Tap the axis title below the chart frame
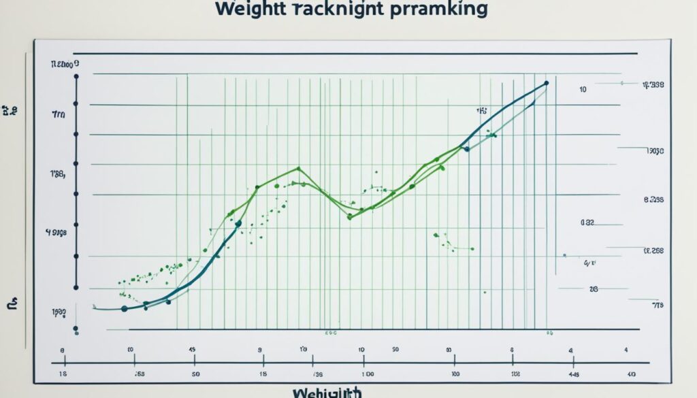pyautogui.click(x=327, y=393)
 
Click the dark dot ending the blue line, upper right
pyautogui.click(x=547, y=84)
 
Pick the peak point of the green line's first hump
pyautogui.click(x=298, y=168)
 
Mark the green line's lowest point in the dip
pyautogui.click(x=349, y=217)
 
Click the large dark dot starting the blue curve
pyautogui.click(x=124, y=309)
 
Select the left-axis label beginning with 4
pyautogui.click(x=56, y=232)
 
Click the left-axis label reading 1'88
pyautogui.click(x=57, y=174)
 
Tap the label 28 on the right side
pyautogui.click(x=594, y=289)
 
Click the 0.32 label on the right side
pyautogui.click(x=588, y=222)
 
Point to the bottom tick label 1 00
pyautogui.click(x=368, y=374)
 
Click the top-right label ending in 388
pyautogui.click(x=653, y=85)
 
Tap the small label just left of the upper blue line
pyautogui.click(x=481, y=110)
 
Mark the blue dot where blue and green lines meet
pyautogui.click(x=466, y=149)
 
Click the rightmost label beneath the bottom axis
pyautogui.click(x=632, y=374)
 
